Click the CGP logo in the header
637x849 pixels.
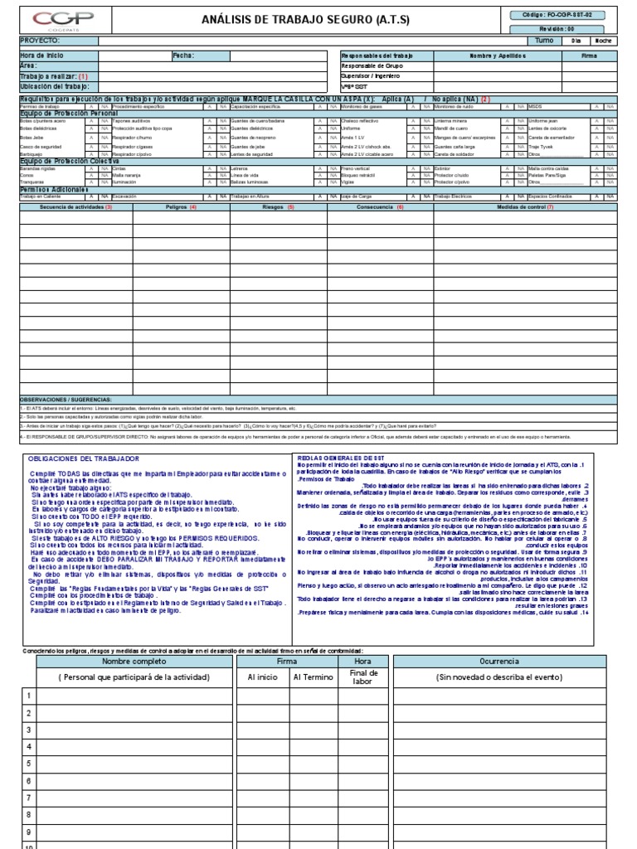[x=63, y=19]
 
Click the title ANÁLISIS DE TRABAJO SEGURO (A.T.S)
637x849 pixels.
[x=294, y=19]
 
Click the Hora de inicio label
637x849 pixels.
[x=41, y=56]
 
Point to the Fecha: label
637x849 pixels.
[x=183, y=56]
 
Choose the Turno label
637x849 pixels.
[x=544, y=40]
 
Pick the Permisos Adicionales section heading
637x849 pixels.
[x=51, y=189]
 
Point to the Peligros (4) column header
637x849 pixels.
[x=182, y=206]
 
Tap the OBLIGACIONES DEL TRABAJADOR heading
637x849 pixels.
[x=84, y=458]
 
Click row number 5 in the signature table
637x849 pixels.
[x=27, y=764]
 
